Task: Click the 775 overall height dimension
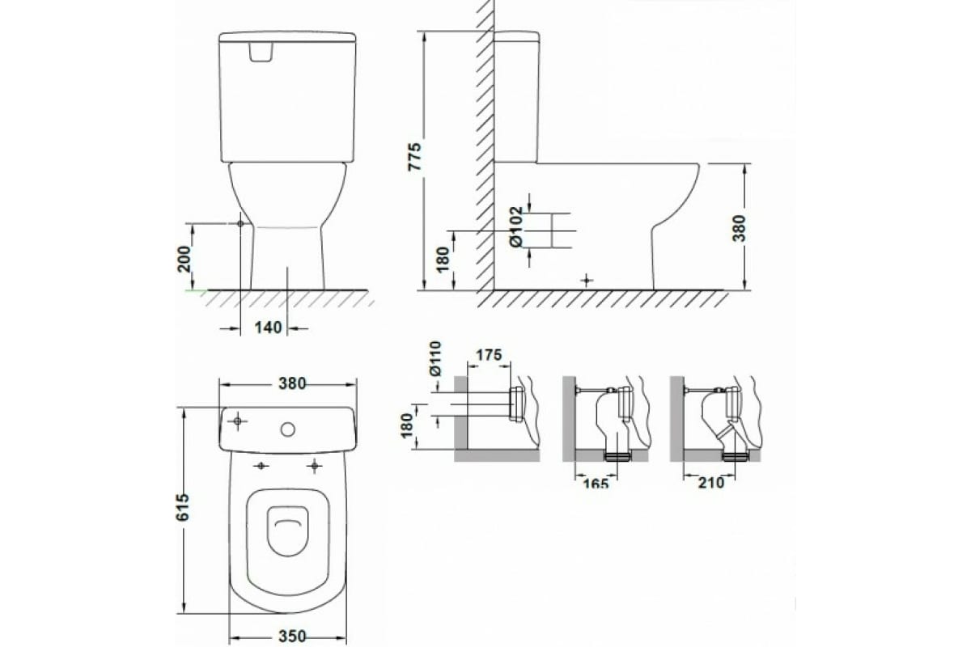tap(415, 156)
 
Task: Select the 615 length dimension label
tap(184, 507)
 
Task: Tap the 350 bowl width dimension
tap(292, 636)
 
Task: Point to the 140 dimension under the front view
tap(268, 328)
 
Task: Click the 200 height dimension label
tap(184, 259)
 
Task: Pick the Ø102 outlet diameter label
tap(517, 226)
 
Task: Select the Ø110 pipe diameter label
tap(435, 358)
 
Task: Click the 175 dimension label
tap(489, 355)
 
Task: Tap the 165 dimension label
tap(596, 483)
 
